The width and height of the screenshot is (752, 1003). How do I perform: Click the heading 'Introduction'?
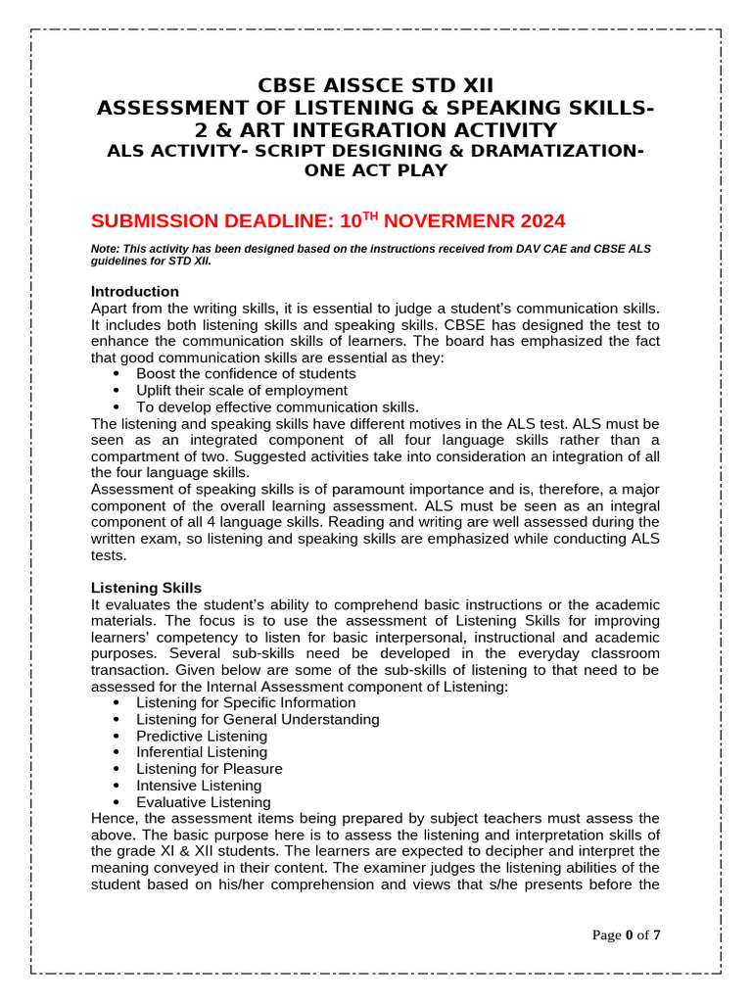134,291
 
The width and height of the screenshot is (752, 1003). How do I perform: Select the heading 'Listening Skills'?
146,588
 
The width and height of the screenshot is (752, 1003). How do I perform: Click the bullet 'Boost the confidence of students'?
246,373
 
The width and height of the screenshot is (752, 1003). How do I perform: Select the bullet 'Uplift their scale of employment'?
241,390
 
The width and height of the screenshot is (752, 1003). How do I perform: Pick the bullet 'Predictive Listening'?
201,736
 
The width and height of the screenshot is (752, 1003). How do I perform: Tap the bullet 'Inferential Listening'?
201,752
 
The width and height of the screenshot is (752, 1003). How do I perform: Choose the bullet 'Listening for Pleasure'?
209,769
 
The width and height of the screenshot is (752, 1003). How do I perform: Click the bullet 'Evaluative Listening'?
203,802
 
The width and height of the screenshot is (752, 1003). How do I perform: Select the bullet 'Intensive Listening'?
199,786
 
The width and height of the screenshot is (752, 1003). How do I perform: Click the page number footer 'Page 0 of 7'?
627,935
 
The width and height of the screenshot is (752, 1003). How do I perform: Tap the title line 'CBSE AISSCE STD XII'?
376,85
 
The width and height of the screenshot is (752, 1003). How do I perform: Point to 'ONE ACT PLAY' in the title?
376,170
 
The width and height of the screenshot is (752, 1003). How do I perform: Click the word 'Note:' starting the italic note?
106,249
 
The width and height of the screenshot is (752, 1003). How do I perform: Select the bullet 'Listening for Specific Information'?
246,702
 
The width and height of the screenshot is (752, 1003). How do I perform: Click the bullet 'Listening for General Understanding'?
258,719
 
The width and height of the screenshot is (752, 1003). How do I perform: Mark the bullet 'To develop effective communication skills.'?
277,406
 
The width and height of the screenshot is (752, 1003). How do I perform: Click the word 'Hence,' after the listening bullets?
114,818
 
